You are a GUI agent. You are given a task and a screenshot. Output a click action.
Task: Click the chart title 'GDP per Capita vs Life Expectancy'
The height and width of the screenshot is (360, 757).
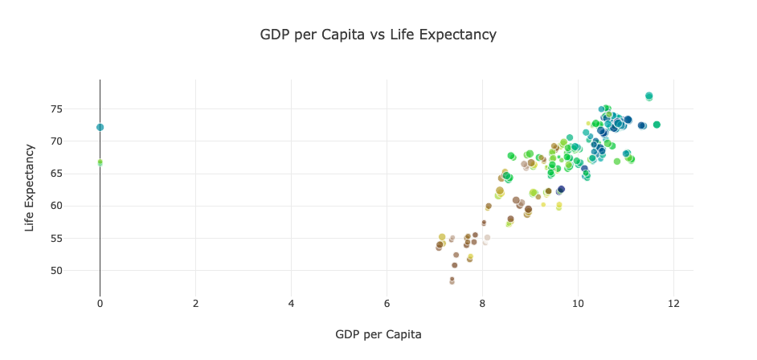click(378, 35)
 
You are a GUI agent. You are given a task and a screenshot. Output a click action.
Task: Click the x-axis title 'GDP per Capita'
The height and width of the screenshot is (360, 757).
click(378, 334)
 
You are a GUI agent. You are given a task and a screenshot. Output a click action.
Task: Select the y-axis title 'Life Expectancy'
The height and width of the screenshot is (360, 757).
click(30, 188)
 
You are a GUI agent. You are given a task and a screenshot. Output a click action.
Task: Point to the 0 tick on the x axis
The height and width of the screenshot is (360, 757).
click(100, 303)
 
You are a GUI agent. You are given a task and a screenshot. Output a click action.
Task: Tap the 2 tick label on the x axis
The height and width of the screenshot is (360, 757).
click(195, 303)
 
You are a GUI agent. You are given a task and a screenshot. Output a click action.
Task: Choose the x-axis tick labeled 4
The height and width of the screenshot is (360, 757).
click(291, 303)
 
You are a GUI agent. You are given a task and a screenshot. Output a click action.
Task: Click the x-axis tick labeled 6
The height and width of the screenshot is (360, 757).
click(387, 303)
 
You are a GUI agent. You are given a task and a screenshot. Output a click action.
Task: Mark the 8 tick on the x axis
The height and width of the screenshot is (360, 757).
click(482, 303)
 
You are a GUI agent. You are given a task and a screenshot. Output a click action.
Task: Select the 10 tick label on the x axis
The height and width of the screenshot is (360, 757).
click(578, 303)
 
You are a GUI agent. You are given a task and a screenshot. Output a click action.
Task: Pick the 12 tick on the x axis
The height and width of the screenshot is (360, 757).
click(673, 303)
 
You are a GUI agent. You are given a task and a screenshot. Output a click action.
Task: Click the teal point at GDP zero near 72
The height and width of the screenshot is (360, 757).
click(100, 127)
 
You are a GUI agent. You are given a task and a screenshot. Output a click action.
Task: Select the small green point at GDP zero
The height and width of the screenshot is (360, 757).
click(100, 162)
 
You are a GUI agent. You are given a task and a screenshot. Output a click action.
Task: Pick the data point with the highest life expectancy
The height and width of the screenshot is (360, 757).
click(649, 96)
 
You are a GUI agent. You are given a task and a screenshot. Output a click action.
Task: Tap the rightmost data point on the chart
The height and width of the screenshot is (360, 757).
click(657, 125)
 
